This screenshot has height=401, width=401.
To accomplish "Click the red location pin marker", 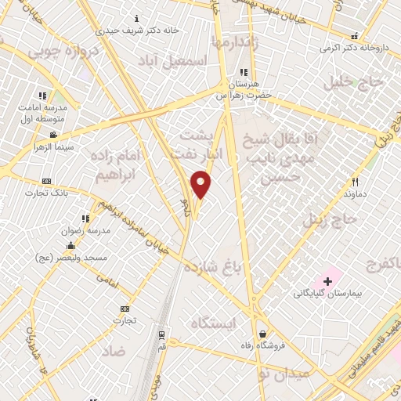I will click(201, 184).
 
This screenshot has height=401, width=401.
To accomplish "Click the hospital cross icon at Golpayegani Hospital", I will click(327, 280).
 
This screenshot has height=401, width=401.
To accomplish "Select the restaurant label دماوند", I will click(355, 192).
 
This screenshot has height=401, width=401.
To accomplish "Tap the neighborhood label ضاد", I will click(113, 351).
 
